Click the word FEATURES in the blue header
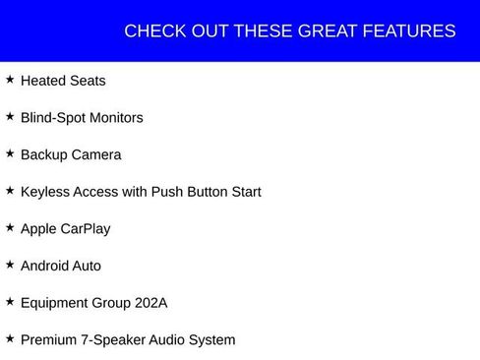(x=409, y=31)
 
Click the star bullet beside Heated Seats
(x=10, y=79)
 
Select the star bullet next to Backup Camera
(x=10, y=153)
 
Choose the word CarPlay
(x=86, y=229)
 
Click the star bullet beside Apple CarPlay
(x=10, y=227)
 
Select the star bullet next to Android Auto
(x=10, y=265)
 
